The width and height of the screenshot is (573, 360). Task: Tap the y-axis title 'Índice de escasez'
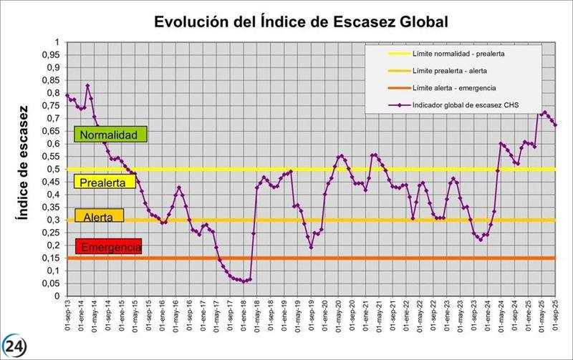[23, 162]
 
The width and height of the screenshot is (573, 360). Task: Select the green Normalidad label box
[110, 135]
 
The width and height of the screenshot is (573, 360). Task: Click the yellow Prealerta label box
[105, 182]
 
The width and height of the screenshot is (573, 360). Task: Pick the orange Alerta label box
[99, 215]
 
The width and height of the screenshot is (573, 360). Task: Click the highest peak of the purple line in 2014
[87, 85]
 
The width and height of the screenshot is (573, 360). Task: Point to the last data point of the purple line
[556, 125]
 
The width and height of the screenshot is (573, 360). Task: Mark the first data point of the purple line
[67, 95]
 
